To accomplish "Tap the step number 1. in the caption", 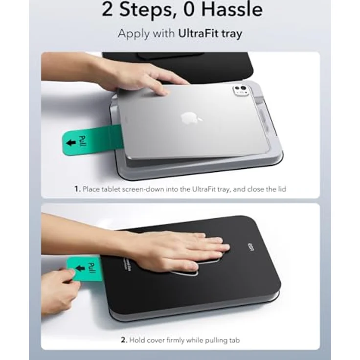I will click(x=77, y=189).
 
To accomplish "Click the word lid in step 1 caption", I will click(x=280, y=189).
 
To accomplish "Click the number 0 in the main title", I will click(x=193, y=10).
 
